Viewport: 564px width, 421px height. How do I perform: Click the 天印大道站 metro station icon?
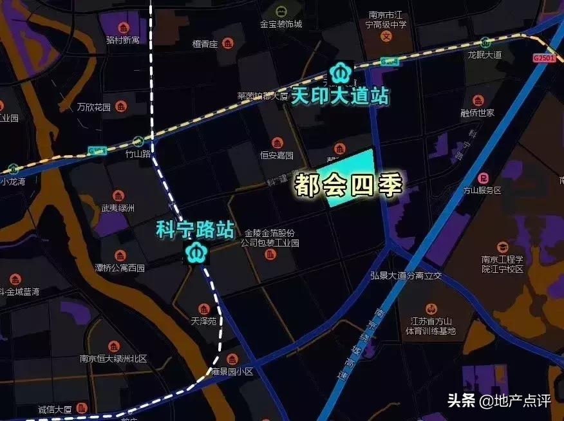[339, 71]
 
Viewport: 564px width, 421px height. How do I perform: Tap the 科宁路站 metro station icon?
[196, 252]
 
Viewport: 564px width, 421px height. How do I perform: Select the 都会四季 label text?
[348, 185]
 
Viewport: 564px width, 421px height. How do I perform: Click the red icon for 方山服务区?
[482, 178]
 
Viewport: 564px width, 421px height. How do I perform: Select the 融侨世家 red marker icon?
[477, 100]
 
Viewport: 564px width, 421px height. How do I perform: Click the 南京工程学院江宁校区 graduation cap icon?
[502, 247]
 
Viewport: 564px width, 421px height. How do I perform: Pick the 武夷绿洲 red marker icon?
[118, 196]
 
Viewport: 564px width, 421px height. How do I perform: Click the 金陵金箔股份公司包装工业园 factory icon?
[270, 254]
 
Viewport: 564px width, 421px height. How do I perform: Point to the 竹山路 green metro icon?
[138, 142]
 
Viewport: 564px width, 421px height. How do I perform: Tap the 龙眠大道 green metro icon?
[485, 42]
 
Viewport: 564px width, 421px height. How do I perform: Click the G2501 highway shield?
[543, 58]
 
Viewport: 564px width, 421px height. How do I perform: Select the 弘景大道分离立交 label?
[406, 276]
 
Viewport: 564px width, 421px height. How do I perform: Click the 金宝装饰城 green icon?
[281, 11]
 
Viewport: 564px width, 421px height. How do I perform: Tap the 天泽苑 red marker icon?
[203, 308]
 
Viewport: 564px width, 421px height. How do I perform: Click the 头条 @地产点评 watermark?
[499, 401]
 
